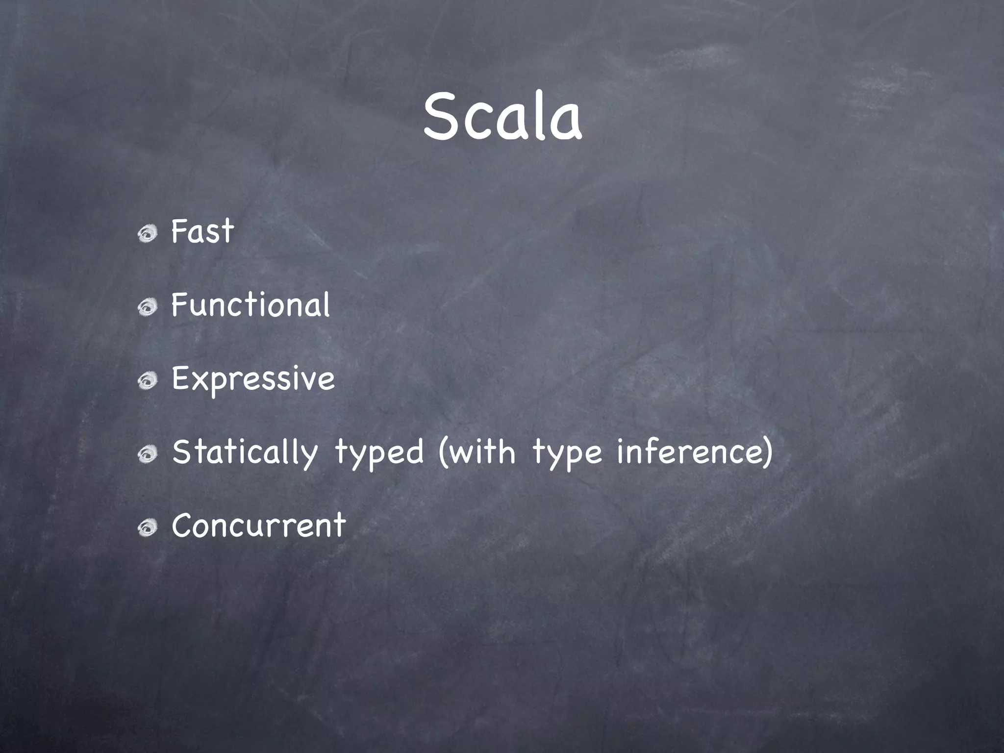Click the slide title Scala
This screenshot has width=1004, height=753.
point(502,118)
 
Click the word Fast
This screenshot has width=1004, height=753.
point(202,231)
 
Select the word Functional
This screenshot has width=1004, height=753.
point(251,305)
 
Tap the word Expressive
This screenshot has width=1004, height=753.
point(253,379)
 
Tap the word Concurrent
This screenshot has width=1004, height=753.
point(258,526)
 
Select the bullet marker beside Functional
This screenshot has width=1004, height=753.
point(147,308)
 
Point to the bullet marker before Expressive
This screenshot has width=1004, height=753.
point(147,381)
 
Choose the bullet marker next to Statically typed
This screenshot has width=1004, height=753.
point(147,455)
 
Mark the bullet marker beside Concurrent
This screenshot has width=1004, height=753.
point(147,528)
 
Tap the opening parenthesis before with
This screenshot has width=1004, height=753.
point(443,452)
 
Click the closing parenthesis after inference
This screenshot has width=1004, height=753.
point(767,452)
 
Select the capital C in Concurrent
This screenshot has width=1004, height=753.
point(183,526)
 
